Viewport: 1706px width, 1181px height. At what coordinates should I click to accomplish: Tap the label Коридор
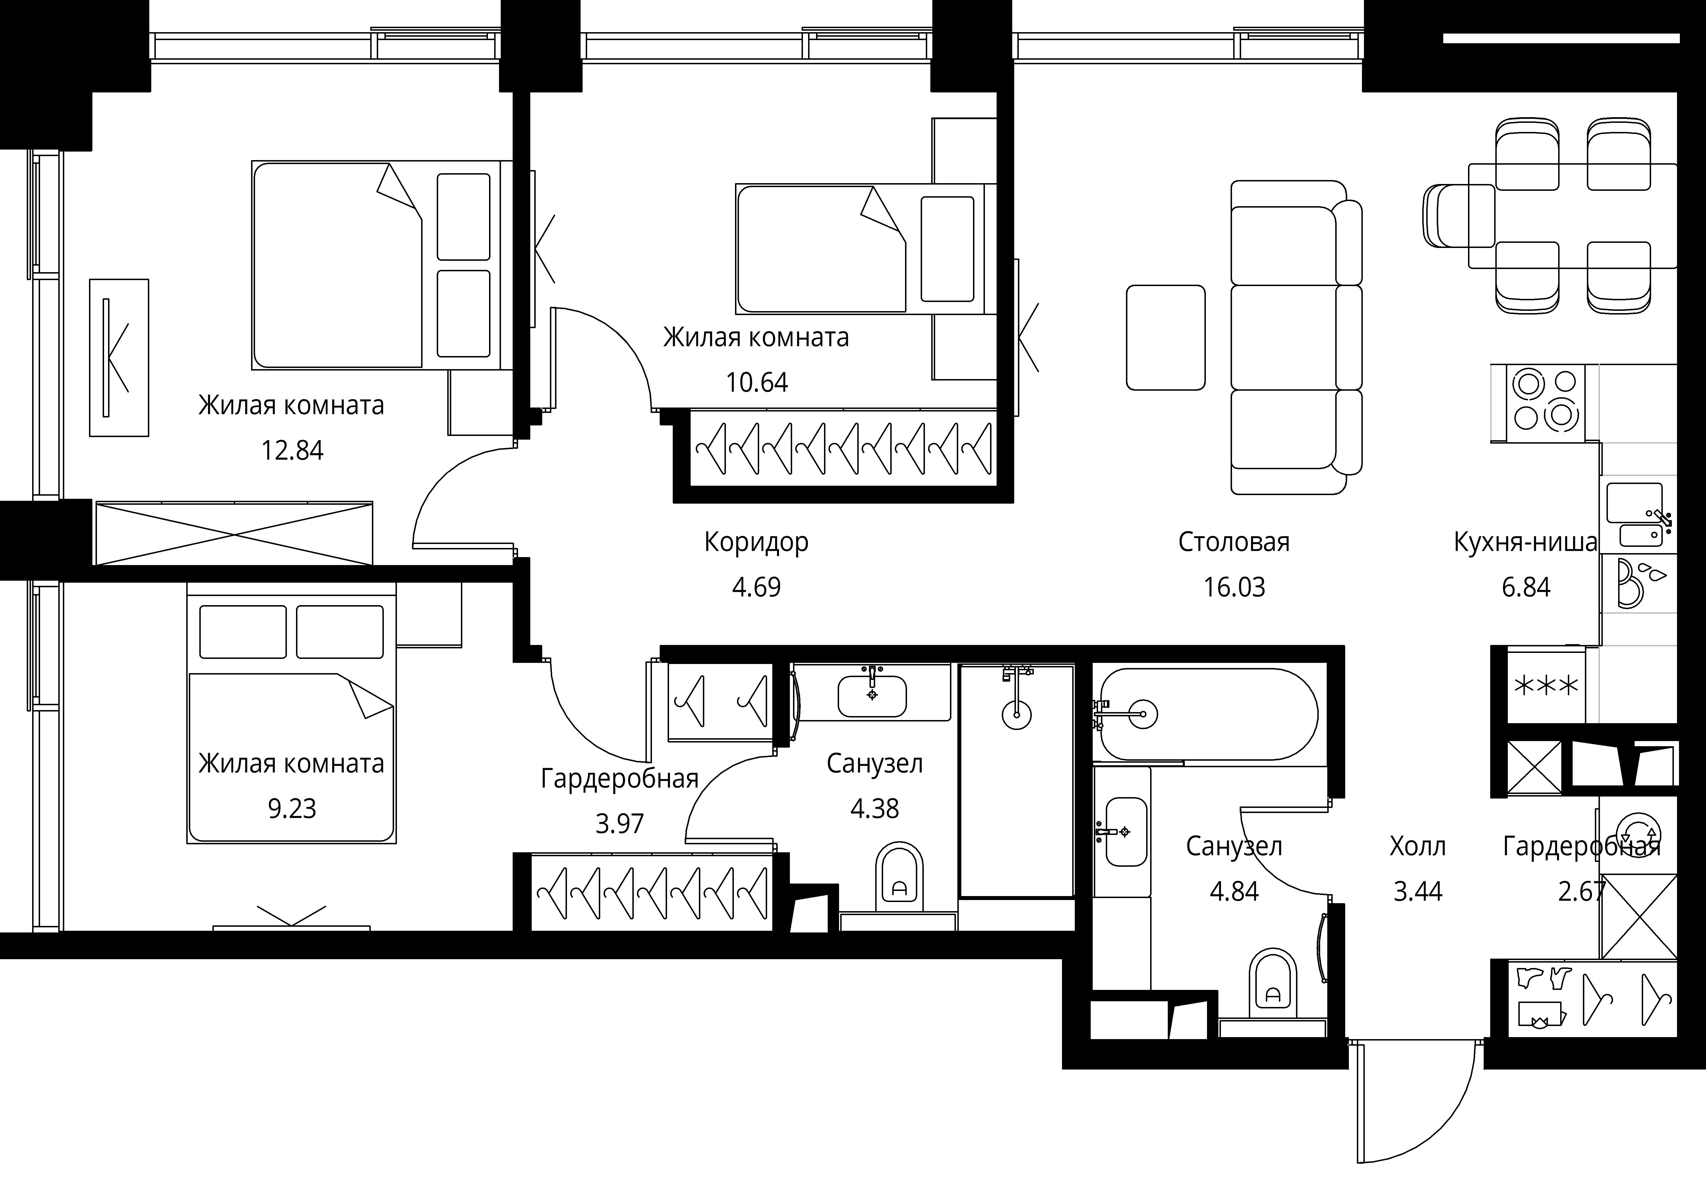point(756,542)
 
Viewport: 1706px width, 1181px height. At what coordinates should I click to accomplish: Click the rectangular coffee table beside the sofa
point(1166,338)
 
